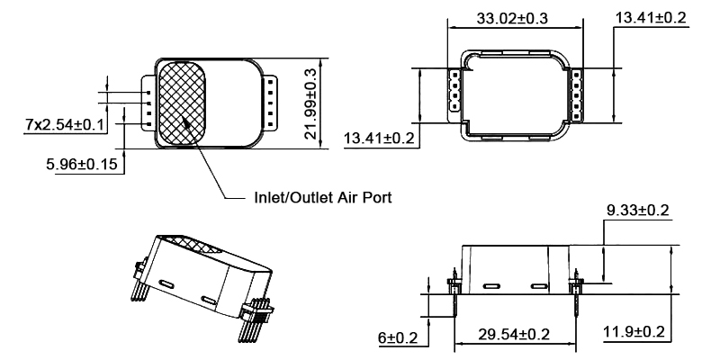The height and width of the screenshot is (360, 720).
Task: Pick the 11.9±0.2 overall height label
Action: coord(633,333)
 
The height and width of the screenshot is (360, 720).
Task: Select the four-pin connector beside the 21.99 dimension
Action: coord(270,101)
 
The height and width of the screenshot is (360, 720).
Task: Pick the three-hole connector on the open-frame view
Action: coord(455,90)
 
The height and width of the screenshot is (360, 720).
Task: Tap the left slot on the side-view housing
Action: coord(491,286)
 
